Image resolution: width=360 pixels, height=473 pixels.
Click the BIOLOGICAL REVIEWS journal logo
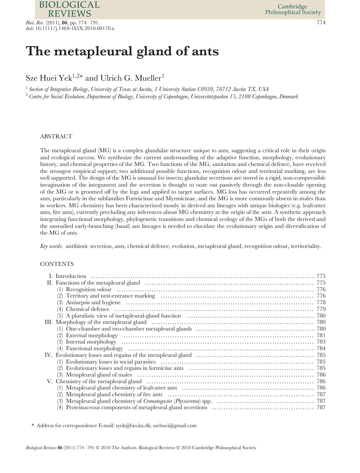[x=69, y=9]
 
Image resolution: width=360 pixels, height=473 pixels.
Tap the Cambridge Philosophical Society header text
[x=293, y=10]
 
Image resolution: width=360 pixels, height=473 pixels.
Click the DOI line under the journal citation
[x=70, y=29]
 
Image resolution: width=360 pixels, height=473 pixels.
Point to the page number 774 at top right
[x=321, y=23]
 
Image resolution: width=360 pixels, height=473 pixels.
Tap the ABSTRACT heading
[x=56, y=136]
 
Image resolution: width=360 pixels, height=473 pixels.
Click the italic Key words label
[x=51, y=246]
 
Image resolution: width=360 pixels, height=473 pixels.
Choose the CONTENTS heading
[x=57, y=264]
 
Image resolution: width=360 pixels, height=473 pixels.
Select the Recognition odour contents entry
[x=89, y=289]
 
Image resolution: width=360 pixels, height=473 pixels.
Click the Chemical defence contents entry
[x=87, y=309]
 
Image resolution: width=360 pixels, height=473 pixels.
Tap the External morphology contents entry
[x=92, y=335]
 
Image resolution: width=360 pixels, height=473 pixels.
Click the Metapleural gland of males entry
[x=99, y=375]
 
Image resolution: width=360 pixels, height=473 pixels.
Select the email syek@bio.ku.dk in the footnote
[x=133, y=425]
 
